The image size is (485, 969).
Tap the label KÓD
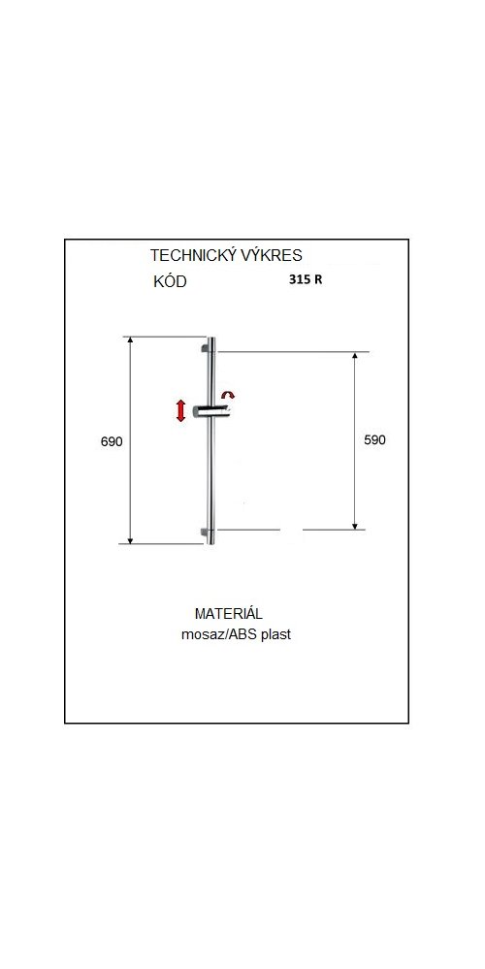coord(170,282)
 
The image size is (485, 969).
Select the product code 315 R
coord(306,278)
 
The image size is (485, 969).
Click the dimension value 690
coord(112,441)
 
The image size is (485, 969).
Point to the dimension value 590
coord(373,440)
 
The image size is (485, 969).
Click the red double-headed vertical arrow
coord(180,411)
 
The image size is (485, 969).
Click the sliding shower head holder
coord(212,412)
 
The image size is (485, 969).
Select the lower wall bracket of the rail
coord(205,531)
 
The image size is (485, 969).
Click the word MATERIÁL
coord(229,614)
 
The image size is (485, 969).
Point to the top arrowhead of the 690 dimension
coord(130,340)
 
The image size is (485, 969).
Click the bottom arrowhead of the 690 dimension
coord(130,540)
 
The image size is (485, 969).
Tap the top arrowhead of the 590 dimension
coord(355,357)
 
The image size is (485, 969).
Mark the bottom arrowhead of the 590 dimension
coord(355,526)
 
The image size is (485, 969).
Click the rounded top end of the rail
coord(211,339)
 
